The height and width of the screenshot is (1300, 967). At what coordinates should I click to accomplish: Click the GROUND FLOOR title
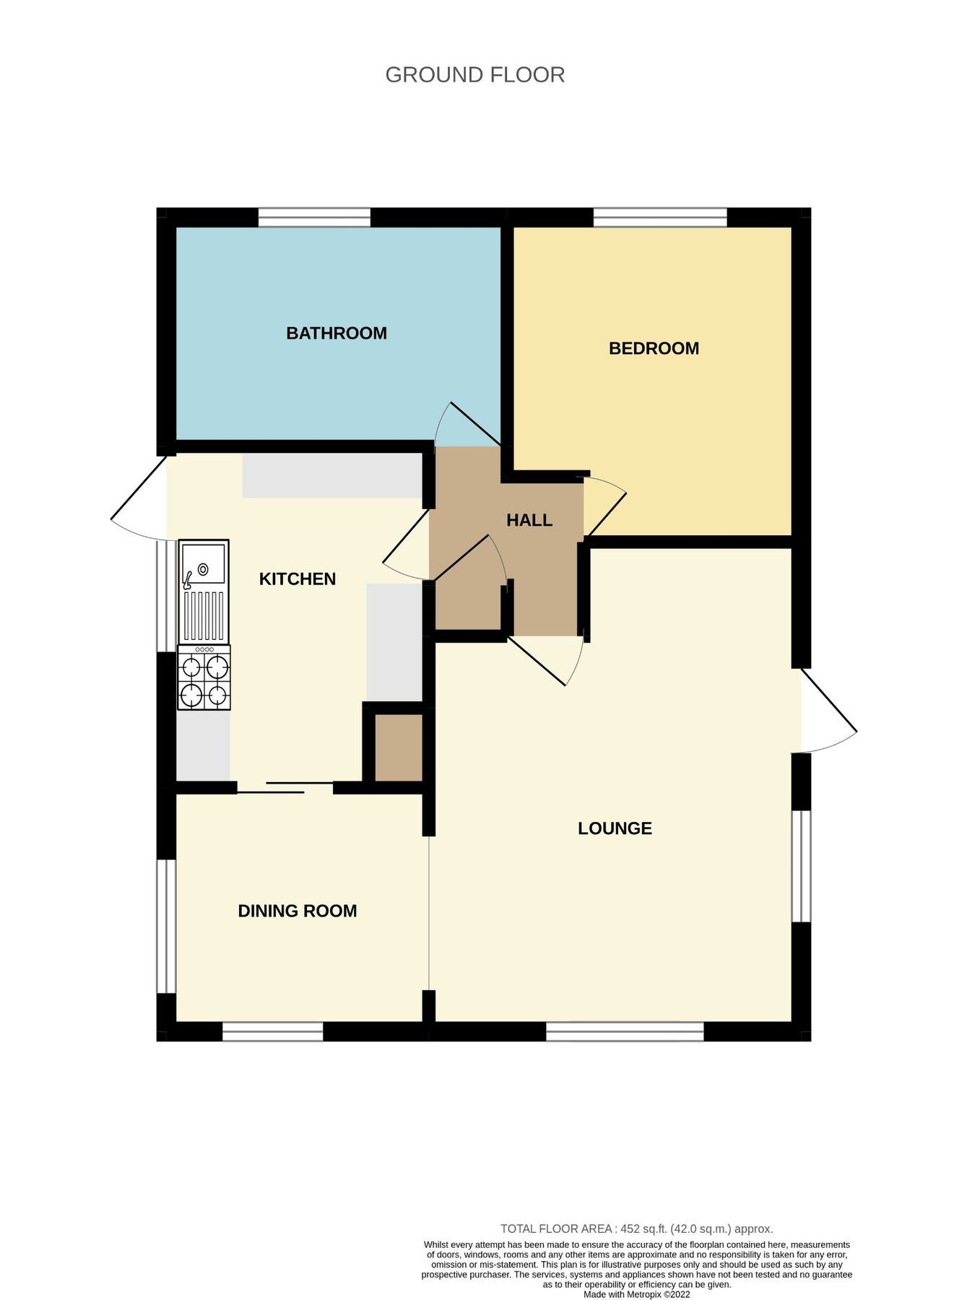click(x=474, y=75)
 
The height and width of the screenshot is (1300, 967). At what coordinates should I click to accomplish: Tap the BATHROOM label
click(x=337, y=333)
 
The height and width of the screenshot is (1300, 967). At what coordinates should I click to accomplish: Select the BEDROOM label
click(x=654, y=348)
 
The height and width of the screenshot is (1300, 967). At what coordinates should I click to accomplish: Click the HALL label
click(x=529, y=520)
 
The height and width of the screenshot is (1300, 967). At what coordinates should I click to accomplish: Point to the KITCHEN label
click(x=298, y=578)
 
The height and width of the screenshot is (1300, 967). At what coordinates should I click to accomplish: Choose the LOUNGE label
click(x=615, y=828)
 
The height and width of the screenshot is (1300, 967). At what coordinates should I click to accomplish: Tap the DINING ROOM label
click(x=298, y=911)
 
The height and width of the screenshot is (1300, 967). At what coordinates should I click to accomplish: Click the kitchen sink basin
click(x=204, y=565)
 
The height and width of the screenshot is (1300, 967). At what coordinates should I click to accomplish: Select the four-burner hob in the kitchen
click(x=204, y=677)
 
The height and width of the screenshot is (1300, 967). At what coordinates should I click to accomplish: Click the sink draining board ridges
click(x=204, y=615)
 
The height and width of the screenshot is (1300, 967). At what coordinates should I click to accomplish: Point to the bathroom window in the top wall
click(x=314, y=217)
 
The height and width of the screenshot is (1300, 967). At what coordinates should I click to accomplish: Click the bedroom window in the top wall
click(x=660, y=217)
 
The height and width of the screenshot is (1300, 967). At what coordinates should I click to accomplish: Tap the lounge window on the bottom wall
click(x=625, y=1031)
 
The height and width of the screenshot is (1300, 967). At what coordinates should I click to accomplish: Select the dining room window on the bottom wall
click(x=272, y=1031)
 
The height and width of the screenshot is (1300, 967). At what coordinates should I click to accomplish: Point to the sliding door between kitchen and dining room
click(x=285, y=787)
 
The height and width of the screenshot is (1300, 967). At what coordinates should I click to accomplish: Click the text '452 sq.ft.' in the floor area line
click(x=643, y=1228)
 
